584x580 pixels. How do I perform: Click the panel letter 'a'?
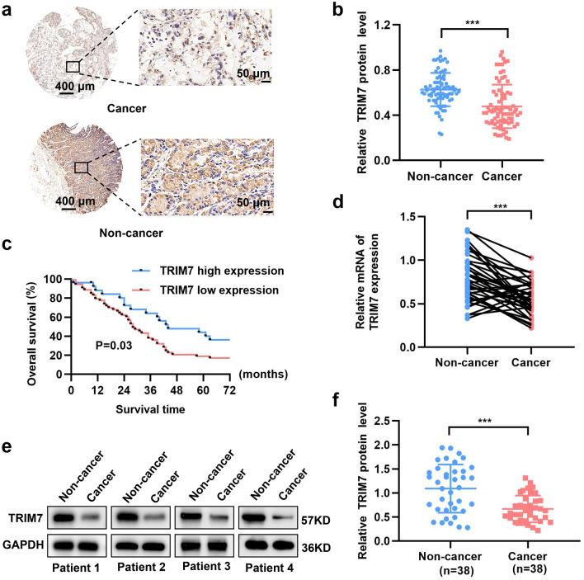(x=7, y=7)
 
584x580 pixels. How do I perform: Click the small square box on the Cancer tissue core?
(x=73, y=65)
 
